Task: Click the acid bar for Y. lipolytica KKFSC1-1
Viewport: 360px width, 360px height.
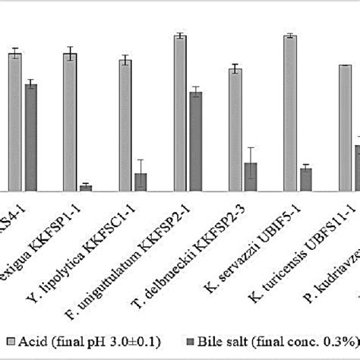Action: pos(125,125)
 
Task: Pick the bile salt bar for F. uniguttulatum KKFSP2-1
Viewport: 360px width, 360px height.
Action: pos(195,141)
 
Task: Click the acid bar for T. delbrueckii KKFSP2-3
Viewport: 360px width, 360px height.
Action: pos(235,130)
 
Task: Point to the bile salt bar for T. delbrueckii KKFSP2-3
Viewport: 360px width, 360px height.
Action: pos(251,177)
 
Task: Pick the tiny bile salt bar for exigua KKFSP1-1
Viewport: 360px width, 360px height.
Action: pos(86,188)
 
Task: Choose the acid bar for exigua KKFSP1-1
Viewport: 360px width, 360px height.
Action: pos(70,122)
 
